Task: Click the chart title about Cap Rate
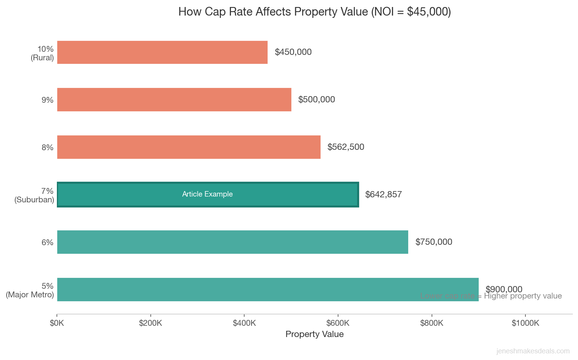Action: tap(314, 12)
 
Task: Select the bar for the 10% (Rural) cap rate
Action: tap(162, 52)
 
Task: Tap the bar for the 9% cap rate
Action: tap(174, 100)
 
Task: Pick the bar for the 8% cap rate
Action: tap(189, 147)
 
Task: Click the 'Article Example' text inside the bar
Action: tap(207, 194)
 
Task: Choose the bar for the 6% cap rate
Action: tap(233, 242)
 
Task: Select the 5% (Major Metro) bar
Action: tap(268, 290)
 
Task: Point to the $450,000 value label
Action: tap(293, 52)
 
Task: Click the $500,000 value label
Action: tap(316, 100)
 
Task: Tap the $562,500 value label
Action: tap(345, 147)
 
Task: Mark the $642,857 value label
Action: tap(383, 195)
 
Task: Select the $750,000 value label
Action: tap(433, 242)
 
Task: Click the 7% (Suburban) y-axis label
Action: tap(35, 195)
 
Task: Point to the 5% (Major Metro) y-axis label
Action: tap(30, 290)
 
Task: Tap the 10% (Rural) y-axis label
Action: tap(42, 53)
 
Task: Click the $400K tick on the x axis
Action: tap(244, 323)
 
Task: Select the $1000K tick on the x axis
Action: tap(525, 323)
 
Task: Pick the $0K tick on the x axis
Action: tap(57, 323)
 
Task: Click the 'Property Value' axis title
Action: tap(314, 334)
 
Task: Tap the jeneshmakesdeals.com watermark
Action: tap(532, 351)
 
